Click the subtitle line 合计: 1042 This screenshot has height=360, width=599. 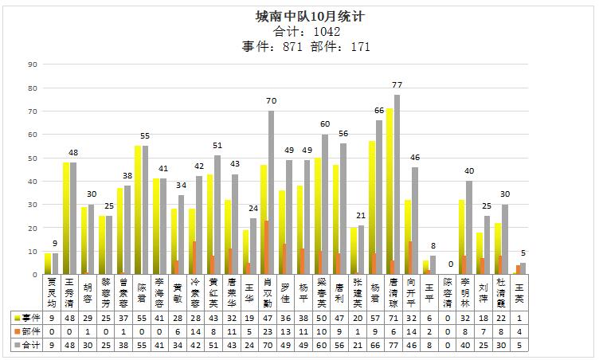click(x=306, y=32)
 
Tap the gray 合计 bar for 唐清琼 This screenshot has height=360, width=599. click(x=397, y=184)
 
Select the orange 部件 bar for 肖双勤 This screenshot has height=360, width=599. click(x=265, y=248)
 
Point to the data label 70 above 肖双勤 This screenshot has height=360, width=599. click(x=271, y=101)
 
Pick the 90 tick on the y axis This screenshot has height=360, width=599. click(x=33, y=65)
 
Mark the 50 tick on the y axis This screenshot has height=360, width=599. click(x=33, y=158)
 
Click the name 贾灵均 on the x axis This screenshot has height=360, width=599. click(x=51, y=292)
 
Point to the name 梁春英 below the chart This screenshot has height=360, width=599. click(x=322, y=292)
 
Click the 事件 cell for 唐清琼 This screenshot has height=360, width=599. click(x=393, y=317)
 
